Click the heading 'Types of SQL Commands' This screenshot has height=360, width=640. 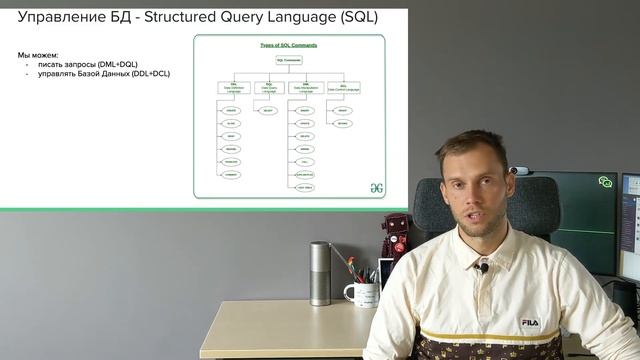(x=288, y=46)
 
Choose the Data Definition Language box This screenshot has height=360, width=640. (x=234, y=89)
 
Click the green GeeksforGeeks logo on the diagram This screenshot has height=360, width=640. (x=377, y=186)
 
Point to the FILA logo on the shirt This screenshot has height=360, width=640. (x=529, y=323)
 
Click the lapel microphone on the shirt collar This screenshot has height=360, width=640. (x=483, y=268)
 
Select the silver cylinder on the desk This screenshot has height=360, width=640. (x=320, y=273)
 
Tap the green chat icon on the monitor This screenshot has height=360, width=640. (x=605, y=182)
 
